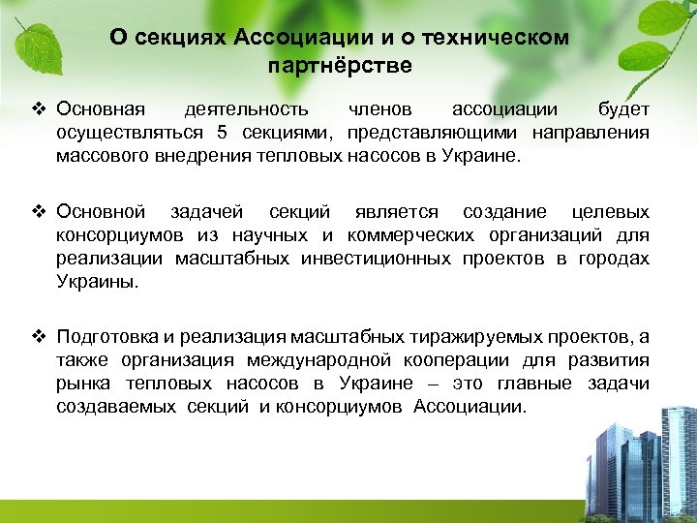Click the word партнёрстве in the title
pyautogui.click(x=338, y=67)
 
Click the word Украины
pyautogui.click(x=97, y=281)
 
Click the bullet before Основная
pyautogui.click(x=40, y=109)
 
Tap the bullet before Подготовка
pyautogui.click(x=40, y=336)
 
